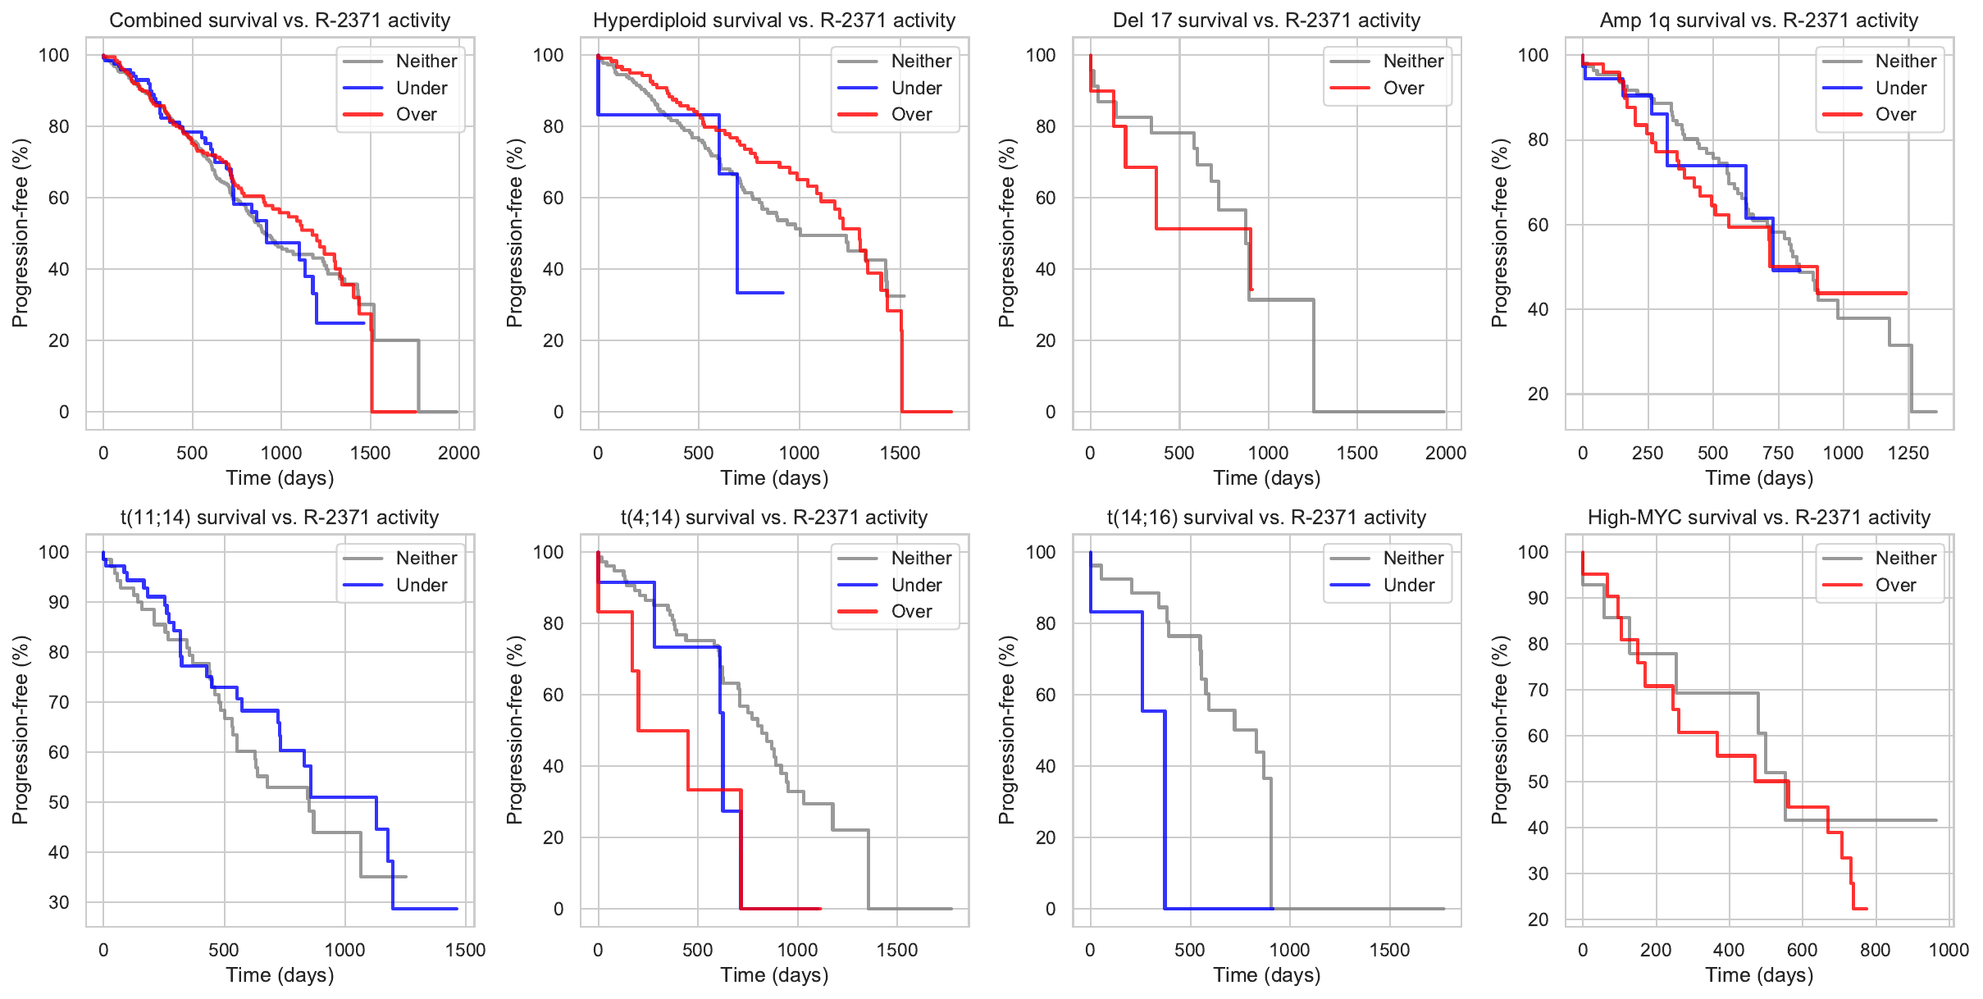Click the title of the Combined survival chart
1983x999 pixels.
pyautogui.click(x=280, y=21)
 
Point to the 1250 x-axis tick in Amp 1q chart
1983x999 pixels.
pyautogui.click(x=1908, y=453)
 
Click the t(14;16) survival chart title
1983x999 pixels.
pyautogui.click(x=1266, y=518)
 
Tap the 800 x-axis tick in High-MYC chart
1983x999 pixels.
pyautogui.click(x=1876, y=950)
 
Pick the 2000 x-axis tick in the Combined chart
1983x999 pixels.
pyautogui.click(x=458, y=453)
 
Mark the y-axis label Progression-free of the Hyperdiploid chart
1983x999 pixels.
pyautogui.click(x=514, y=233)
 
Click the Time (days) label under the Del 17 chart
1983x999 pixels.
pyautogui.click(x=1266, y=478)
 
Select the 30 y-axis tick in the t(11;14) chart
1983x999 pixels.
pyautogui.click(x=59, y=902)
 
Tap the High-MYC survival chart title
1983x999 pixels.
pyautogui.click(x=1759, y=518)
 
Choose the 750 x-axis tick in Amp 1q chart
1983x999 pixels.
pyautogui.click(x=1778, y=453)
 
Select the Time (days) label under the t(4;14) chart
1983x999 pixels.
pyautogui.click(x=774, y=975)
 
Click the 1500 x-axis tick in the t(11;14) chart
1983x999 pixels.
pyautogui.click(x=466, y=950)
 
